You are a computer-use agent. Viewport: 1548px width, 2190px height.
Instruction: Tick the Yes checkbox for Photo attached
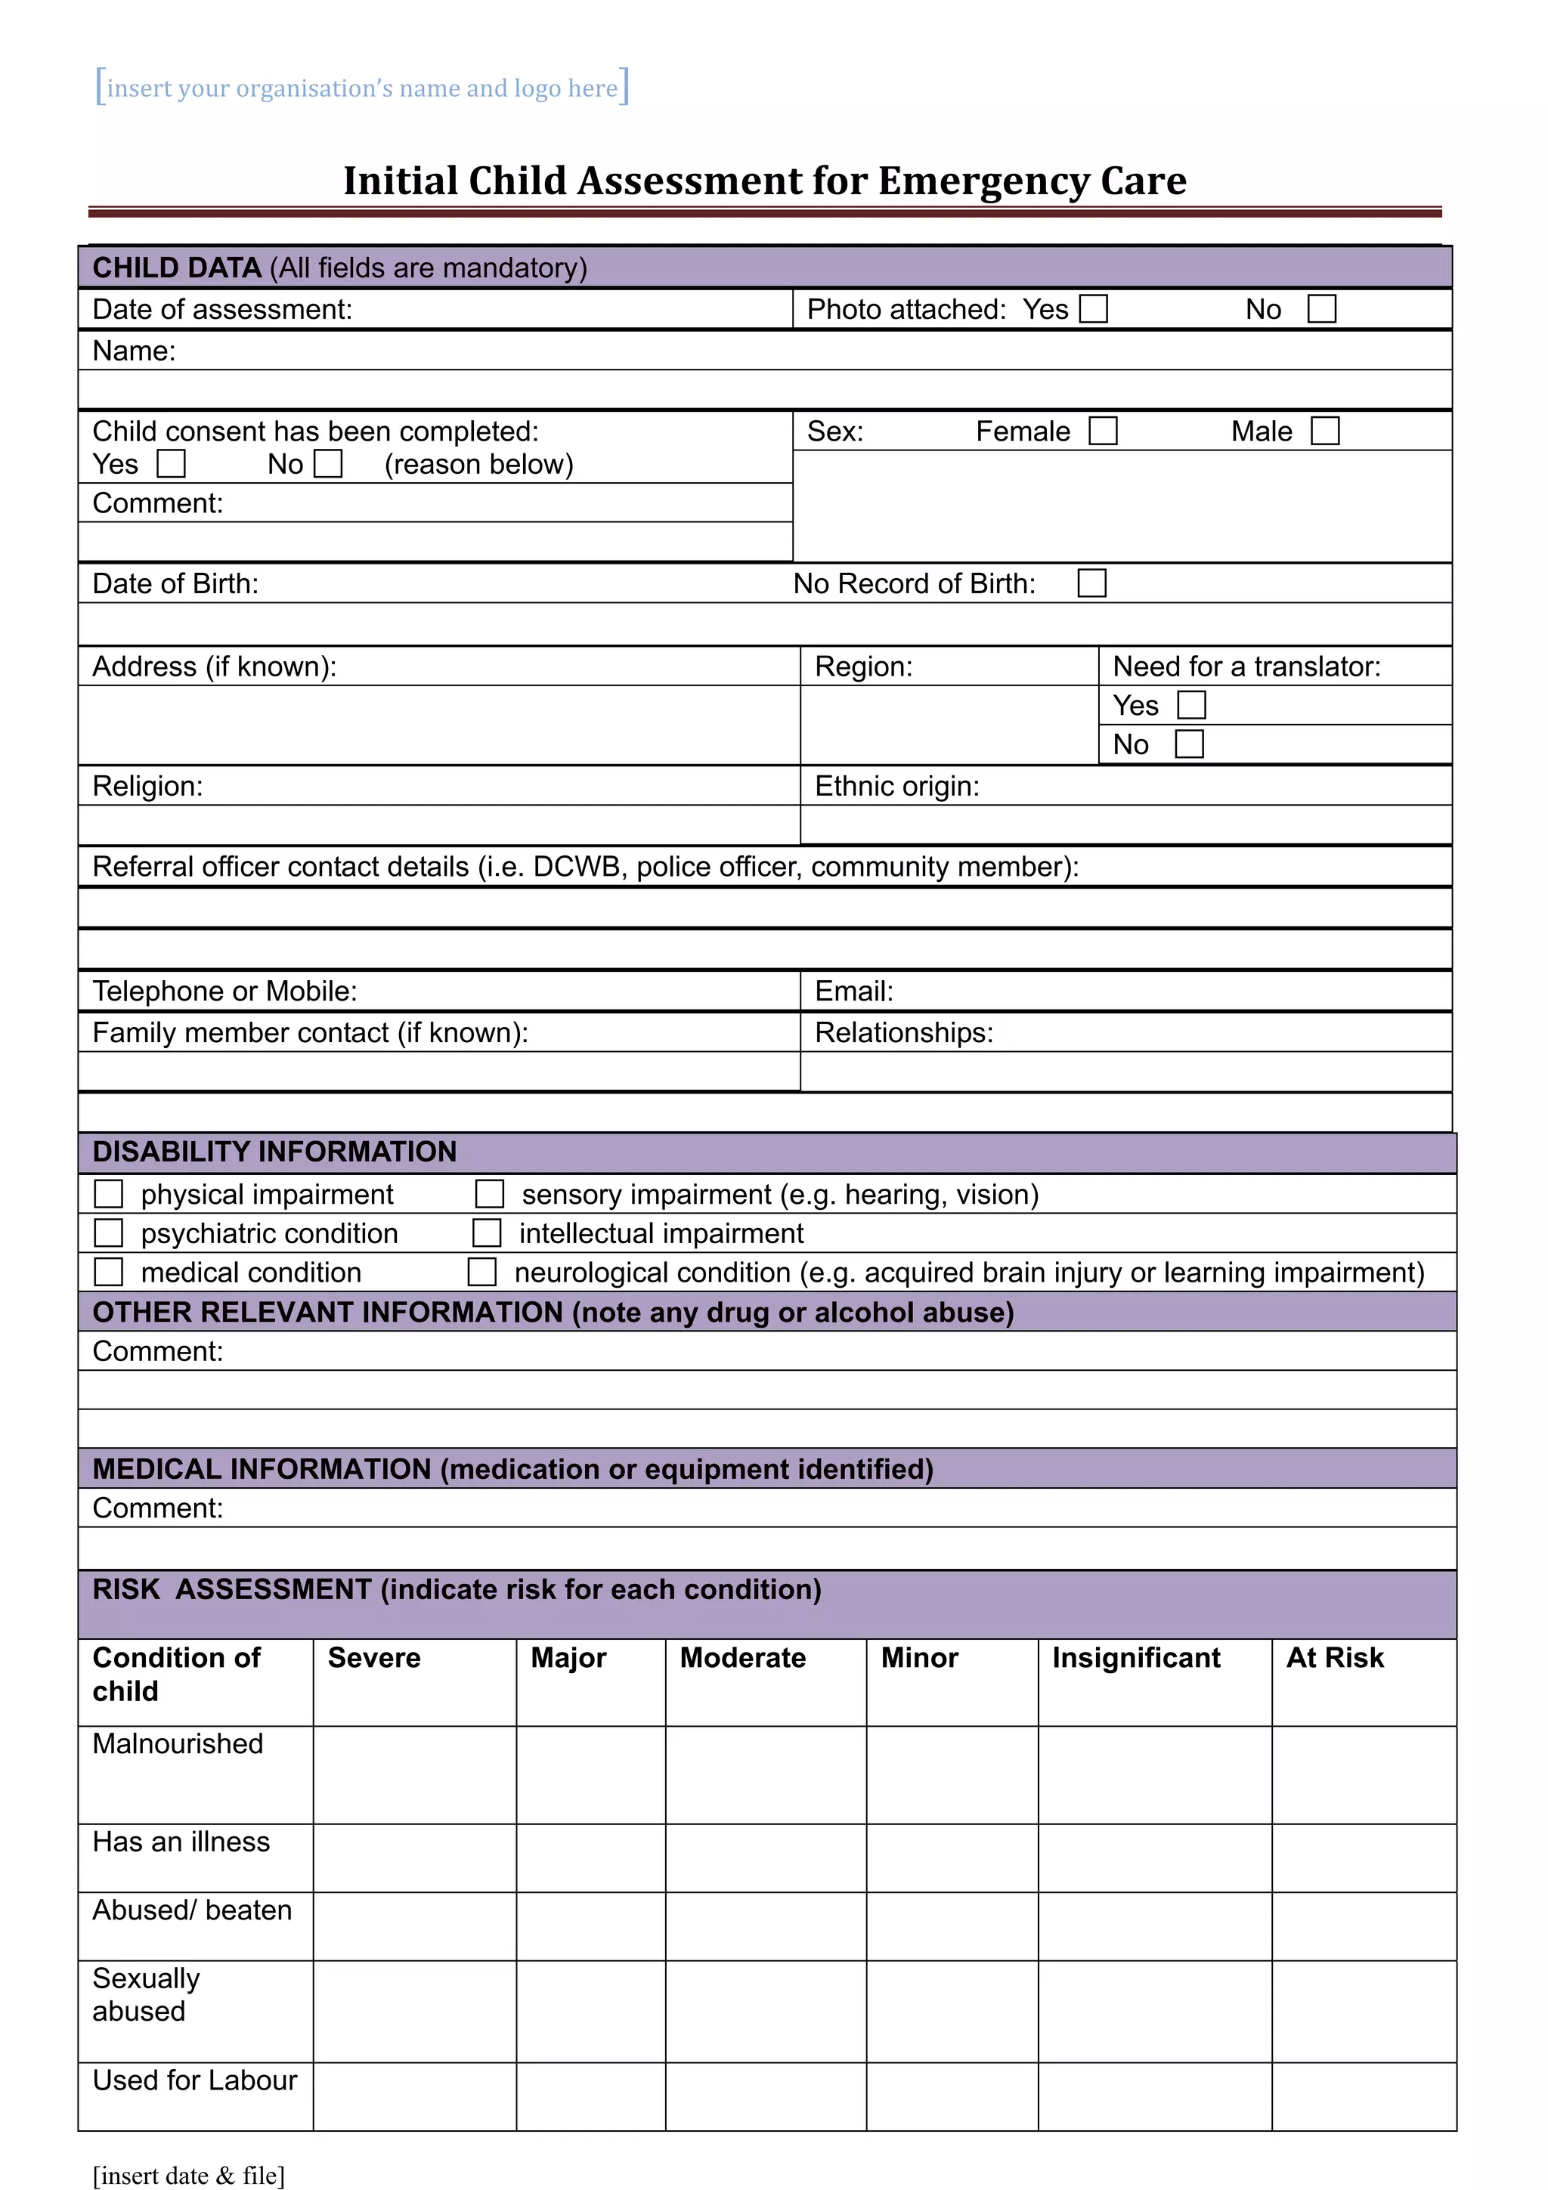coord(1093,309)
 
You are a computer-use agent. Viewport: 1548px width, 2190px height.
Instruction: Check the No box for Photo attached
coord(1321,309)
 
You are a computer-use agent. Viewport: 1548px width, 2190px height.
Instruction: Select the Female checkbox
coord(1103,432)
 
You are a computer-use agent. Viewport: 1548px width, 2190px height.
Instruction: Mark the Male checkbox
coord(1325,432)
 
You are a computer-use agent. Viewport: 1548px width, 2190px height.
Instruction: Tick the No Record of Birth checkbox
coord(1091,583)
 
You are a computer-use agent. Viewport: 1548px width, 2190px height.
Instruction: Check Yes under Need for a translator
coord(1191,705)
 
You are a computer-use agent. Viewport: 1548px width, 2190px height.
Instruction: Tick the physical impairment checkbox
coord(109,1194)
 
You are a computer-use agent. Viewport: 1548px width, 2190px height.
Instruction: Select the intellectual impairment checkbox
coord(487,1233)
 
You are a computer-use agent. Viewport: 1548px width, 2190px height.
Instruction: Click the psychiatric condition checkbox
coord(109,1233)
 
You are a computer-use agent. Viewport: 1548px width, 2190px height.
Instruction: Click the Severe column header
coord(374,1658)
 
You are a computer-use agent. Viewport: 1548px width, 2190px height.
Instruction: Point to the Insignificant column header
coord(1135,1658)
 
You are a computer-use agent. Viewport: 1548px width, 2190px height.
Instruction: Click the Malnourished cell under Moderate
coord(765,1774)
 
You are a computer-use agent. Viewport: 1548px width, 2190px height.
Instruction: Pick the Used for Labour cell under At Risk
coord(1363,2096)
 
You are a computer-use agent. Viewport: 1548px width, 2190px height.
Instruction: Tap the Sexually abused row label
coord(146,1994)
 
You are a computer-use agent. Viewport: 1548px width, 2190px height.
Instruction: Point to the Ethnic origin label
coord(896,786)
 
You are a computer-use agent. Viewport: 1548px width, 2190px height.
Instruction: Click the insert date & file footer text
coord(189,2176)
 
